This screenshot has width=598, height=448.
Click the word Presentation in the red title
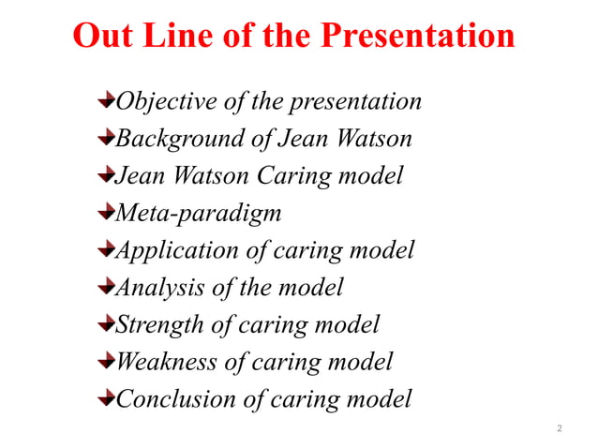(418, 37)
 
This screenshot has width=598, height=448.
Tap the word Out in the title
(100, 37)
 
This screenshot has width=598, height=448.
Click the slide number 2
(560, 428)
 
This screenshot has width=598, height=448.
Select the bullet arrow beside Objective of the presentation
(106, 100)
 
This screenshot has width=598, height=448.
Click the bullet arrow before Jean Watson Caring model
(106, 175)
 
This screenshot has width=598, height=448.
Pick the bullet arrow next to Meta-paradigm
(106, 213)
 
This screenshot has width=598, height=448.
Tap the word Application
(176, 251)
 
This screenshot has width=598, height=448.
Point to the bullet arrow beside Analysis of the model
(106, 287)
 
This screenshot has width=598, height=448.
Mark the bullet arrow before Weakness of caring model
(106, 361)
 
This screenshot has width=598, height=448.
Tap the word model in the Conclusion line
(379, 399)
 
